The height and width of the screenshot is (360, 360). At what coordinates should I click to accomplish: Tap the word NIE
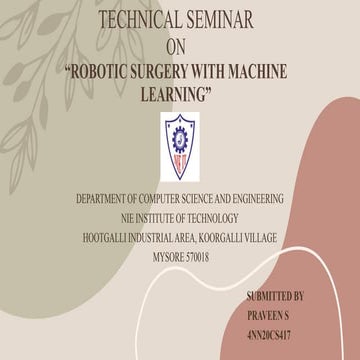click(116, 219)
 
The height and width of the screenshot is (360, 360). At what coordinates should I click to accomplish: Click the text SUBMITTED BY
click(276, 297)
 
